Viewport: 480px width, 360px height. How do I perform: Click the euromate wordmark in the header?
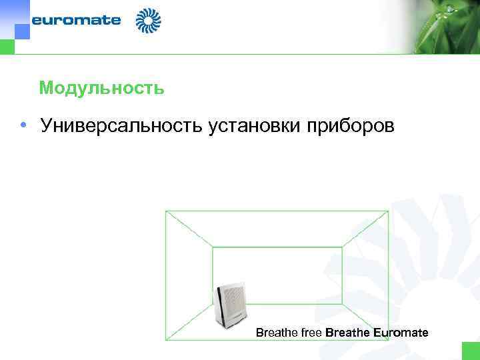[76, 20]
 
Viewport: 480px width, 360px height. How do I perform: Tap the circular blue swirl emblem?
[148, 21]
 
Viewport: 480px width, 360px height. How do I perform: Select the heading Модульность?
[101, 88]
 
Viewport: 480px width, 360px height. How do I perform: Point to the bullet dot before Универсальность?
[23, 125]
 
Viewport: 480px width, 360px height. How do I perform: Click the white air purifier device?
[231, 303]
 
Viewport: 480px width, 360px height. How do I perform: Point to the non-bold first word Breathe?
[274, 333]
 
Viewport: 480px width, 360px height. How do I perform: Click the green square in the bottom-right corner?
[471, 351]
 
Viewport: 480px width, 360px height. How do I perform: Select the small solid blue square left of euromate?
[22, 31]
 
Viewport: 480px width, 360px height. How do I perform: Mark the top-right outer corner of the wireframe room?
[388, 211]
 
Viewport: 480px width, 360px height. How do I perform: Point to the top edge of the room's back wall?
[277, 247]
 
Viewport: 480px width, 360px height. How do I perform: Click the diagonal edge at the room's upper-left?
[189, 229]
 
